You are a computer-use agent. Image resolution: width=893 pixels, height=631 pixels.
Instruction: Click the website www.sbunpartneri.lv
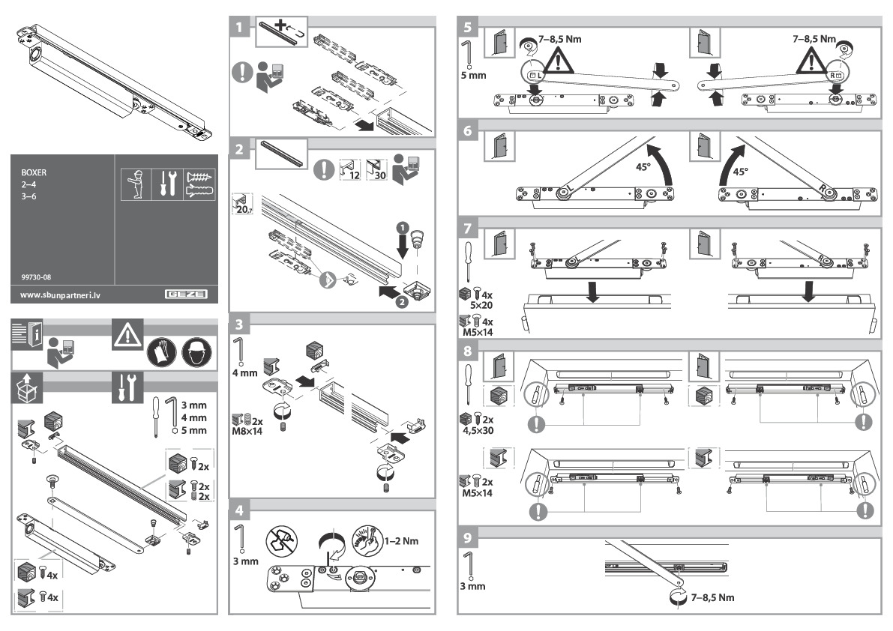click(60, 295)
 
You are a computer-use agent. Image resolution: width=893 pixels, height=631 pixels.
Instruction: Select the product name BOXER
click(34, 172)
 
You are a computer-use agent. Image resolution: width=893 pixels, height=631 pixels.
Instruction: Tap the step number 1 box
click(238, 28)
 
